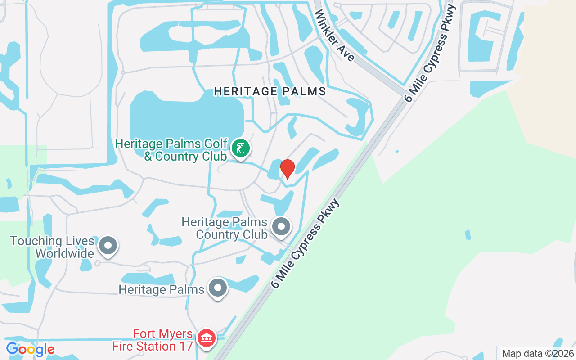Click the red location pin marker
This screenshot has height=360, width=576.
pos(287,169)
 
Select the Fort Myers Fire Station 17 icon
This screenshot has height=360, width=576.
pos(207,338)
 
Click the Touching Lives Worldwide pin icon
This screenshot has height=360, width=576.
pos(108,246)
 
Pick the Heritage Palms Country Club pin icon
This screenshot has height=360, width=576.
pos(282,227)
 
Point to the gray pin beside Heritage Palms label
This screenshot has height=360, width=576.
pos(218,288)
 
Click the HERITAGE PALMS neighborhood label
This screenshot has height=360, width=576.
pos(270,91)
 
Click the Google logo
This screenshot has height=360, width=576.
pos(30,349)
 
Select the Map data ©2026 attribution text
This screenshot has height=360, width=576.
pos(538,354)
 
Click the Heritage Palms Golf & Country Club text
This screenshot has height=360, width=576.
pos(171,150)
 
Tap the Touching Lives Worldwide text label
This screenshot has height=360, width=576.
pos(52,247)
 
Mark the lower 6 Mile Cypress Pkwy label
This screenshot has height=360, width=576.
pos(306,243)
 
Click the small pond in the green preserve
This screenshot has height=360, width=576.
pos(468,234)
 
